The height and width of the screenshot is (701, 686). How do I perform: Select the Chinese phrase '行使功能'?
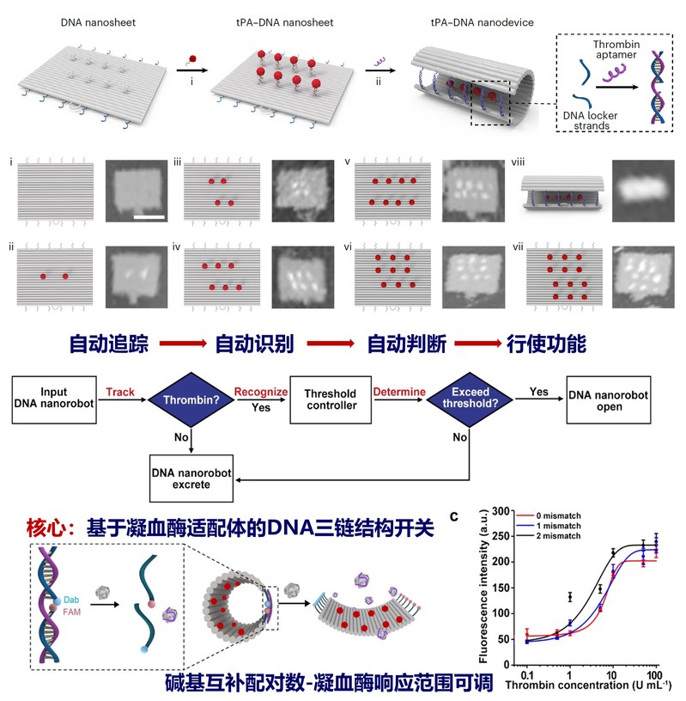(x=549, y=344)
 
